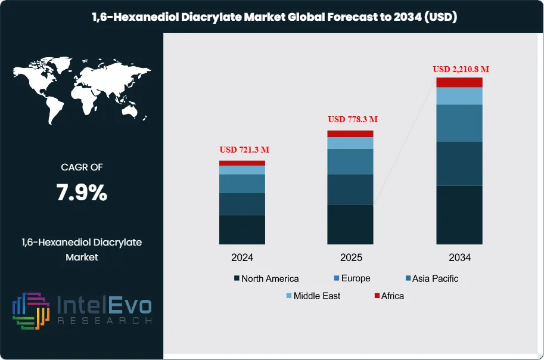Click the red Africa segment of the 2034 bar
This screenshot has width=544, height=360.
click(x=459, y=82)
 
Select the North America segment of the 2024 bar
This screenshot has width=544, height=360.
click(x=242, y=229)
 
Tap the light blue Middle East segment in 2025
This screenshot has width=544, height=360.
click(x=350, y=143)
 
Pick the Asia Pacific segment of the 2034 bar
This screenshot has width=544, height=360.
click(x=459, y=123)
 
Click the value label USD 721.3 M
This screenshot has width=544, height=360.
click(x=244, y=149)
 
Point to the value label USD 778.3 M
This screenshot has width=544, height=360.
click(x=353, y=119)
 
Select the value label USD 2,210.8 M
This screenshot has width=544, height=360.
click(x=461, y=69)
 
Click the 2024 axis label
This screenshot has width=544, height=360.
click(x=243, y=258)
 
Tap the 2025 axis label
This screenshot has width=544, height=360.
click(x=350, y=258)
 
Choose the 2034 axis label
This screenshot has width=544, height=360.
click(x=459, y=258)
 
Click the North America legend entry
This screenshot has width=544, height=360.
click(x=266, y=278)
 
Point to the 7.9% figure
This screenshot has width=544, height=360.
click(x=82, y=193)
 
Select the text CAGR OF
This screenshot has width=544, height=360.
click(x=82, y=167)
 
